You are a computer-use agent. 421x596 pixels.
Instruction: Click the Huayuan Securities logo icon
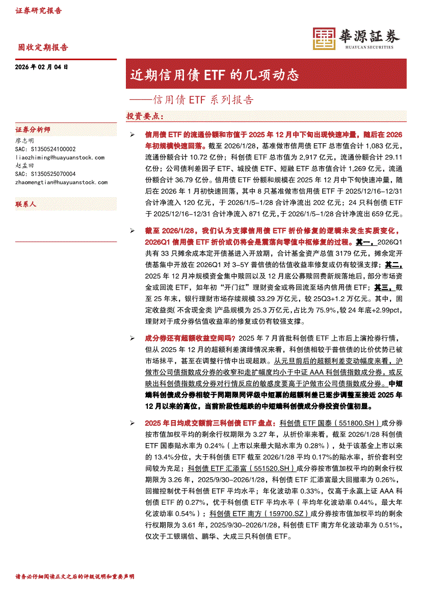tap(324, 39)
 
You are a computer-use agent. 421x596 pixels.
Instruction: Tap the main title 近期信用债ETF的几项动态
tap(214, 75)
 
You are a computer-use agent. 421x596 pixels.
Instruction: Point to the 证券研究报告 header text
tap(38, 11)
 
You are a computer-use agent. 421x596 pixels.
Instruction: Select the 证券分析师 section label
tap(33, 130)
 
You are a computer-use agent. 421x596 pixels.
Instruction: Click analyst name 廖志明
tap(25, 140)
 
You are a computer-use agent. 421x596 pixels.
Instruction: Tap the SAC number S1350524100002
tap(46, 149)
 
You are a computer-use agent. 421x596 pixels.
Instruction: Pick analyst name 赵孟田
tap(25, 166)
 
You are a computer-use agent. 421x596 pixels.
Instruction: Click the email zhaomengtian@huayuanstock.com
tap(62, 182)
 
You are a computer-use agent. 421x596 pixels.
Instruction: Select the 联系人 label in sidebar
tap(26, 204)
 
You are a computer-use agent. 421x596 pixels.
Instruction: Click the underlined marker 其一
tap(364, 242)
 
